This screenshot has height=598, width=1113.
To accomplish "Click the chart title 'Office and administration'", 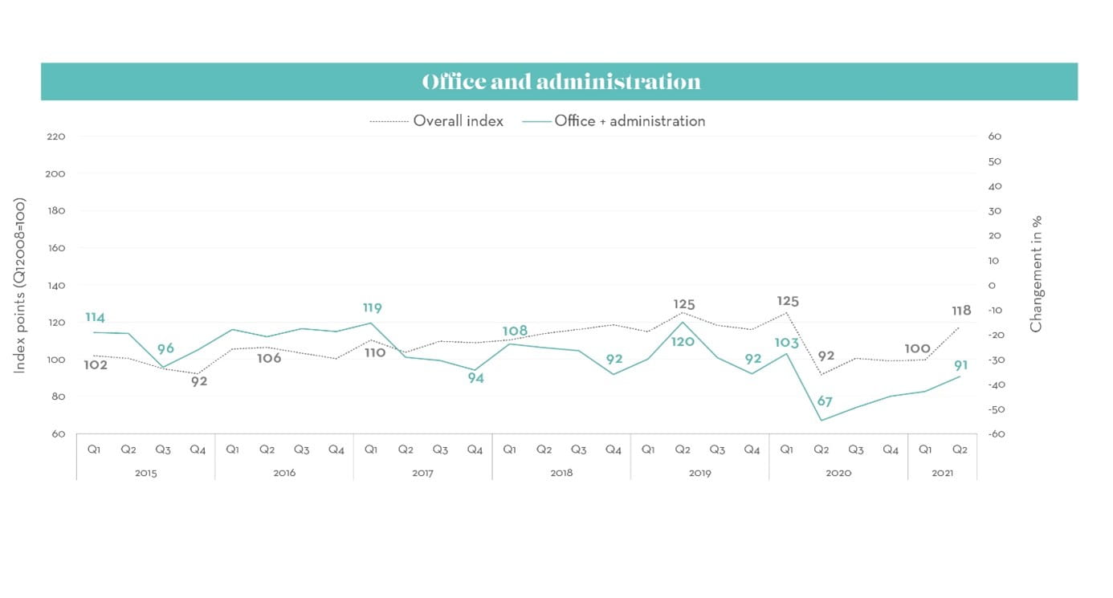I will pos(561,82).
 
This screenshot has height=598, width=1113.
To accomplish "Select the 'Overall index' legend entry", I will pos(458,121).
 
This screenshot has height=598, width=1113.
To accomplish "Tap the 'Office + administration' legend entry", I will pos(629,121).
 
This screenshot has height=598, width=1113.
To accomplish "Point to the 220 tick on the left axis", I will pos(55,136).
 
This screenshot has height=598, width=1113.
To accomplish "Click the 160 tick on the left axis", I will pos(55,248).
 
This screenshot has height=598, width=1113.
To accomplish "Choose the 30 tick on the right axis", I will pos(995,211).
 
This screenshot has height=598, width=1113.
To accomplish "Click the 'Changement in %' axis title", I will pos(1036,274).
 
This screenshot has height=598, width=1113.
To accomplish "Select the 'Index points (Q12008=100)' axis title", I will pos(21,286).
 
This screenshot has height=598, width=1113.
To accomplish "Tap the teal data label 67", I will pos(825,401).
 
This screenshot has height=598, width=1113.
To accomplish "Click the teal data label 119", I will pos(372,308).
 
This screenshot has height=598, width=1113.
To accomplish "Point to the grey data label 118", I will pos(961,311).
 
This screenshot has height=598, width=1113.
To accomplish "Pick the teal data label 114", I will pos(95,318).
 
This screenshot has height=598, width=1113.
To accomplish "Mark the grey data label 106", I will pos(269,358).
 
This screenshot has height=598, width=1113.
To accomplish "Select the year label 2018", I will pos(561,473).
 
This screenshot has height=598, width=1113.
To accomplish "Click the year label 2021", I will pos(942,473).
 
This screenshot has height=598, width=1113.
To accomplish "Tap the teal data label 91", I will pos(960,365).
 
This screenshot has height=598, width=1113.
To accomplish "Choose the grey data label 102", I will pos(96,365).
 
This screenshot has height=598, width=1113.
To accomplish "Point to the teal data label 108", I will pos(515,332).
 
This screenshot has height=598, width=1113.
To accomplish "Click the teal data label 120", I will pos(683,341).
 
